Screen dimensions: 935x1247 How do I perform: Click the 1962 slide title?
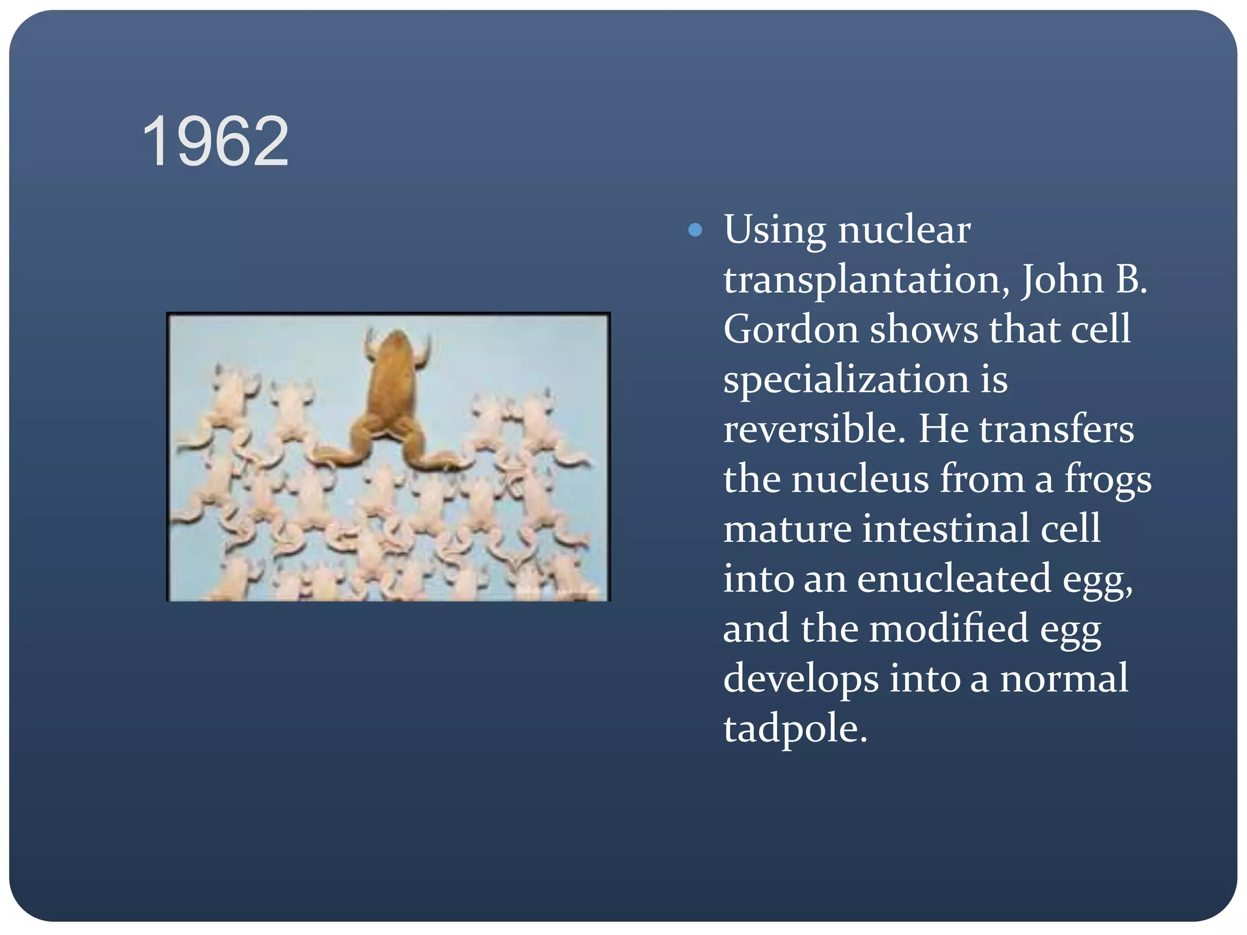point(215,142)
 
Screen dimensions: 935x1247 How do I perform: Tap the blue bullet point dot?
point(695,230)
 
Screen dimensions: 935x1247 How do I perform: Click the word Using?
point(775,231)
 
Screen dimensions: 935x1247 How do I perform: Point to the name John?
point(1062,280)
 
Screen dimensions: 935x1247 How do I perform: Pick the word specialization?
point(846,380)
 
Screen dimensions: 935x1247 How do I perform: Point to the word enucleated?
point(954,578)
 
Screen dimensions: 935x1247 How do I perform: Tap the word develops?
point(801,679)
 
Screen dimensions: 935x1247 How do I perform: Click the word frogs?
point(1108,480)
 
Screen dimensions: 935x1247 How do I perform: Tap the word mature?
point(787,528)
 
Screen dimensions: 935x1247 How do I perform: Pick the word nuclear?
point(904,231)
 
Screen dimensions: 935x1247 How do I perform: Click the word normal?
point(1064,679)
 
